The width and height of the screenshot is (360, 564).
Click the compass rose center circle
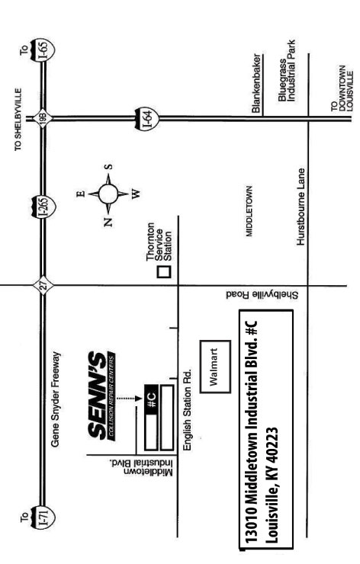click(108, 192)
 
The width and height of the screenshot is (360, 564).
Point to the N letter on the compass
click(108, 223)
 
